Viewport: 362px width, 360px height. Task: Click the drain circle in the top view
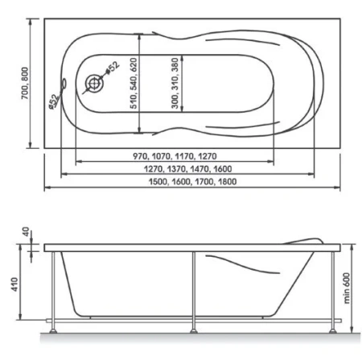coord(93,83)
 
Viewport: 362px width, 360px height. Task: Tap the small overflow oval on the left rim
coord(64,84)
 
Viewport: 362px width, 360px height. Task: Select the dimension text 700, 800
coord(25,83)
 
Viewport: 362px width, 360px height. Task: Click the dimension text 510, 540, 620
coord(134,83)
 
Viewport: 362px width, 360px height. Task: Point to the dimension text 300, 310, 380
coord(175,83)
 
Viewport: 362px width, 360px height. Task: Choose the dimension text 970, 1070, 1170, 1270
coord(175,156)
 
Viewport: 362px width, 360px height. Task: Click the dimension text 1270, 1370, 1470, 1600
coord(187,169)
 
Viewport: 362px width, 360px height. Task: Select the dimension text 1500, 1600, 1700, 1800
coord(192,182)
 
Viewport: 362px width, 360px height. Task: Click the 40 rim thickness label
coord(26,232)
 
